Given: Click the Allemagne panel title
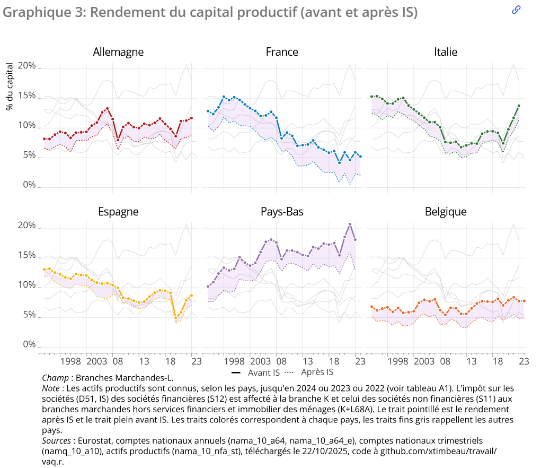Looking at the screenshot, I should click(x=118, y=52).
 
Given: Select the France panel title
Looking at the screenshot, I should click(x=282, y=52).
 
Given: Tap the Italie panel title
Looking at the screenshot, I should click(x=446, y=52).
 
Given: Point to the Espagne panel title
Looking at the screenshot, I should click(x=118, y=212).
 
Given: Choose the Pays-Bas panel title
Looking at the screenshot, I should click(x=282, y=212).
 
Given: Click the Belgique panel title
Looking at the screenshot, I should click(x=446, y=212).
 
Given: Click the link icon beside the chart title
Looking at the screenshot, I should click(x=516, y=10).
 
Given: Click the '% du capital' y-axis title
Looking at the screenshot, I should click(x=10, y=86).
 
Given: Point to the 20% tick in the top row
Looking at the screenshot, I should click(x=26, y=66).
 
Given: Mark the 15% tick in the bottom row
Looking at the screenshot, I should click(x=26, y=255).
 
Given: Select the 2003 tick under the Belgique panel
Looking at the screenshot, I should click(x=424, y=361).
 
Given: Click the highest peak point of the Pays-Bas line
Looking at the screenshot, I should click(x=350, y=224).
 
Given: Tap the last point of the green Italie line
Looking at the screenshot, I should click(x=519, y=106).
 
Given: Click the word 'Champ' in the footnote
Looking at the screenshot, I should click(x=55, y=378).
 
